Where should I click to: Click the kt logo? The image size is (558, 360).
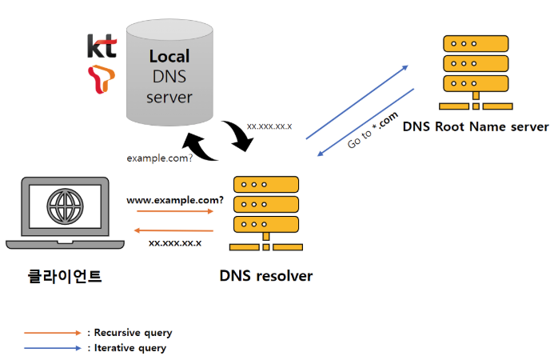(x=102, y=46)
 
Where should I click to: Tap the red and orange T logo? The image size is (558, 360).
(x=102, y=79)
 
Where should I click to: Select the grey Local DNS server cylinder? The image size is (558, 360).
(x=169, y=73)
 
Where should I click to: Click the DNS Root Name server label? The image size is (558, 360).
(x=476, y=126)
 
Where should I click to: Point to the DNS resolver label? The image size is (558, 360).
(x=266, y=276)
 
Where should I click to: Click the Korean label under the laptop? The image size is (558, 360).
(x=65, y=276)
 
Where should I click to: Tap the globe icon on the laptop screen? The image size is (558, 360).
(x=65, y=206)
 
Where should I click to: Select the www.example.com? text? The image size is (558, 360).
(x=175, y=200)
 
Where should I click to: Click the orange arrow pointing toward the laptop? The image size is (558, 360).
(x=173, y=230)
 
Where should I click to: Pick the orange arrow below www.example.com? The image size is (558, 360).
(x=175, y=211)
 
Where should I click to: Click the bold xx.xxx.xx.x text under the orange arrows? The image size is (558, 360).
(x=175, y=243)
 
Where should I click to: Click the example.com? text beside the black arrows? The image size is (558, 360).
(x=159, y=158)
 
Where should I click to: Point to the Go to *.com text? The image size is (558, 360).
(x=373, y=130)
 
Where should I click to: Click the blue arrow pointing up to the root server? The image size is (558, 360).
(x=357, y=102)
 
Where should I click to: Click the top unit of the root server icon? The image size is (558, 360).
(x=476, y=44)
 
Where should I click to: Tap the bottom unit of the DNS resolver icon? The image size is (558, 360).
(x=266, y=224)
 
